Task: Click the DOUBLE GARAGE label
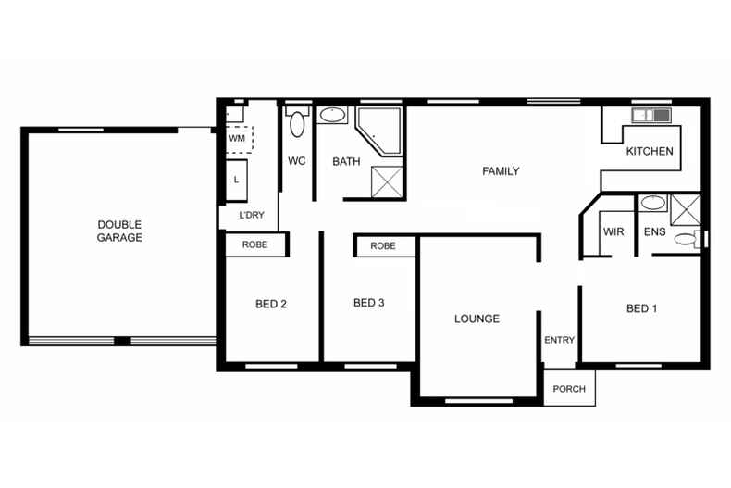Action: [119, 231]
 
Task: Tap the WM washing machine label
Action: [237, 138]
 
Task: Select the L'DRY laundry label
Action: [252, 216]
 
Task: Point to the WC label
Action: [296, 161]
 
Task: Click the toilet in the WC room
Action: [297, 123]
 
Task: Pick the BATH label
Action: [346, 162]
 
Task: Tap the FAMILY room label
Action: [501, 171]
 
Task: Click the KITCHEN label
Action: [650, 152]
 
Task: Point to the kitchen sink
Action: [650, 116]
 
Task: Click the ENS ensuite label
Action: [653, 231]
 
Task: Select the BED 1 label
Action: [641, 308]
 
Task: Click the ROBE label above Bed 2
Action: [254, 245]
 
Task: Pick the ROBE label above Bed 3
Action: [382, 246]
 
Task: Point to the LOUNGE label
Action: [477, 319]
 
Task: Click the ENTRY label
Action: [559, 341]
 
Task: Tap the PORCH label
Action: [569, 389]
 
